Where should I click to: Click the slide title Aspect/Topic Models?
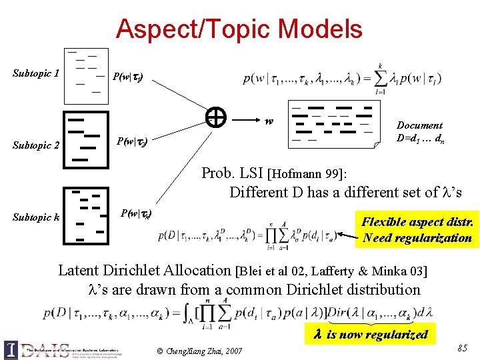pos(239,29)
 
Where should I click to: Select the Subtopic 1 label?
pos(37,73)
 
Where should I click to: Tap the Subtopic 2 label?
pos(37,145)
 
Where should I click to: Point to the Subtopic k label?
pos(36,217)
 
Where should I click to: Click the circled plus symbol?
pos(215,118)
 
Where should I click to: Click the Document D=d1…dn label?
pos(419,132)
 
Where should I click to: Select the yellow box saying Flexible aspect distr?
pos(417,230)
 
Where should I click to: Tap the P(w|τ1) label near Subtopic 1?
pos(126,77)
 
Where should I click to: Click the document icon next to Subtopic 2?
pos(85,139)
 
